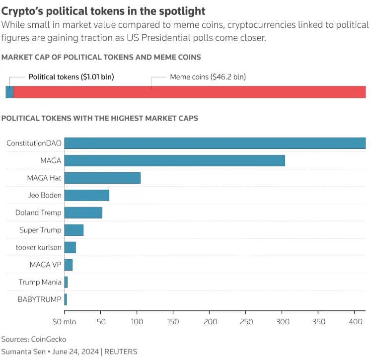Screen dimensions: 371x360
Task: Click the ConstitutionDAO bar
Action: point(215,143)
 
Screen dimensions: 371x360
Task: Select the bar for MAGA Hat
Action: point(102,178)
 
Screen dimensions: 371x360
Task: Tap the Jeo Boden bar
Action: point(87,195)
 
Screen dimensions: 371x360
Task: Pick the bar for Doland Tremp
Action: point(83,213)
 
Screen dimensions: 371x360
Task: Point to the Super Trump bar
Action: point(74,230)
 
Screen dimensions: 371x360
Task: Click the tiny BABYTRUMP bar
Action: point(66,299)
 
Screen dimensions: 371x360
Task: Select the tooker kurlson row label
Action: point(39,247)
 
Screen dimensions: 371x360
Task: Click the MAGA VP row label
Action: point(45,265)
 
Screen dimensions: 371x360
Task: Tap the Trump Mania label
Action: point(40,282)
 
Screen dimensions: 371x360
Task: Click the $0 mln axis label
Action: point(65,322)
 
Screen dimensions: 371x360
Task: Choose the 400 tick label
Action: point(356,322)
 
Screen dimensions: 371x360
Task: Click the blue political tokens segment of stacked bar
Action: point(9,92)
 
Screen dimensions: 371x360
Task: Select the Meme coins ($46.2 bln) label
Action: point(208,77)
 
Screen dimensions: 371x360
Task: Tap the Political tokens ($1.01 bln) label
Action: point(71,77)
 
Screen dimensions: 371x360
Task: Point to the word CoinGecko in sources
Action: point(49,339)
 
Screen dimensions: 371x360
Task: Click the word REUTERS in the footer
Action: point(121,352)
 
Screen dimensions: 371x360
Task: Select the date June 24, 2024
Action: point(75,352)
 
